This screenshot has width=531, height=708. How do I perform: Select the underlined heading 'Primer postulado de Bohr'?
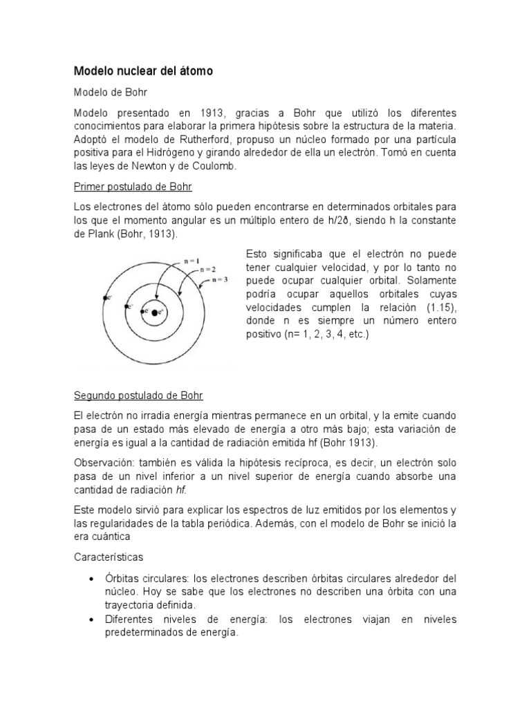(x=133, y=187)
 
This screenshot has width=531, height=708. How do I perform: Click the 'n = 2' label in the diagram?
(x=208, y=269)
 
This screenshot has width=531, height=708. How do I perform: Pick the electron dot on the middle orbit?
(x=123, y=304)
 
